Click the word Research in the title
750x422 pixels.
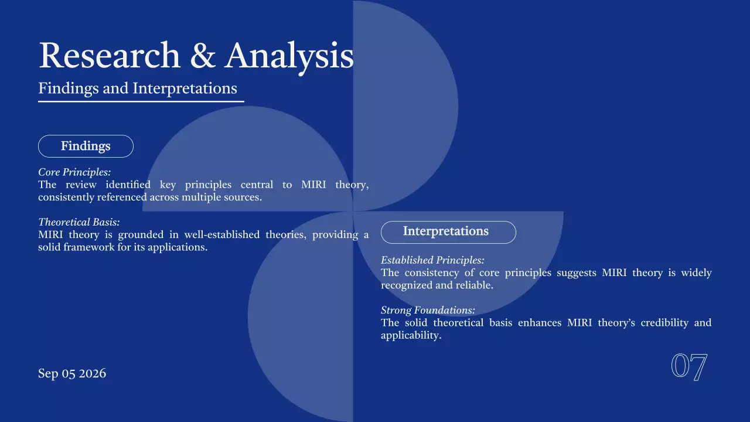click(x=110, y=56)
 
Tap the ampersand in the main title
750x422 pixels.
click(x=203, y=56)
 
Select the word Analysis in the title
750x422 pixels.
click(x=289, y=56)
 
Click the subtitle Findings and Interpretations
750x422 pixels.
click(x=138, y=89)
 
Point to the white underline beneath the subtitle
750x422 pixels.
click(x=141, y=101)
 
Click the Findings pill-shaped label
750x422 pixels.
click(x=86, y=146)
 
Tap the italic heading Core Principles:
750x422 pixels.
click(x=74, y=172)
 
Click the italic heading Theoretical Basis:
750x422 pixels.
click(x=79, y=222)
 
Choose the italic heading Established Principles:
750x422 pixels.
click(x=432, y=260)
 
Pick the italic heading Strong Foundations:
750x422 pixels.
click(x=428, y=310)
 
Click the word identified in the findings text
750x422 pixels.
click(x=128, y=185)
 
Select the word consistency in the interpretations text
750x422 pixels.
click(x=432, y=273)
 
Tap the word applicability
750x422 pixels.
click(x=410, y=336)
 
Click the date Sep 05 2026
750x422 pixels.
click(x=72, y=373)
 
